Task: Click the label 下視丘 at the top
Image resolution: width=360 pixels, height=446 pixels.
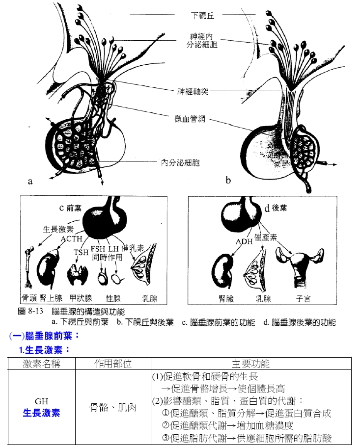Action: tap(202, 15)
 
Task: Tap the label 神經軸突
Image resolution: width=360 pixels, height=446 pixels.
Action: tap(193, 92)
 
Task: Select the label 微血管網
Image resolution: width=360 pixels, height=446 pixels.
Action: tap(190, 119)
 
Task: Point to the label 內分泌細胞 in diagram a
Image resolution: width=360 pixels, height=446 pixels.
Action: tap(180, 163)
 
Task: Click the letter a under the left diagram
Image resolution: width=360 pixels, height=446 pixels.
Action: tap(30, 181)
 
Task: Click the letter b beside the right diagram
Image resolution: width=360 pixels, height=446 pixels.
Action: tap(228, 180)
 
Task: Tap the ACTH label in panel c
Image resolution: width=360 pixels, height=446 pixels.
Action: tap(71, 238)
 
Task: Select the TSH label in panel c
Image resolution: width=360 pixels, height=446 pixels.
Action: tap(81, 252)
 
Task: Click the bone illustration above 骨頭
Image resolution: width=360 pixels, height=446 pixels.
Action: tap(29, 267)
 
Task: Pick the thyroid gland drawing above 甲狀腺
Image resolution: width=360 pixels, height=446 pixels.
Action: tap(77, 274)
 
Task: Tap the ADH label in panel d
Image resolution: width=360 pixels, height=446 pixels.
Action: tap(244, 242)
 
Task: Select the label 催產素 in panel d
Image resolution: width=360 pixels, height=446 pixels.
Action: tap(265, 237)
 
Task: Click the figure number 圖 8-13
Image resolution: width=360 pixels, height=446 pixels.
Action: tap(30, 311)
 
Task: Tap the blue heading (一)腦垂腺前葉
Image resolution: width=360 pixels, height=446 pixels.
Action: tap(44, 336)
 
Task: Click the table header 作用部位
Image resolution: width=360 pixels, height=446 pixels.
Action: tap(113, 364)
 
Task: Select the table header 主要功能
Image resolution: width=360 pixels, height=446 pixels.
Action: tap(251, 364)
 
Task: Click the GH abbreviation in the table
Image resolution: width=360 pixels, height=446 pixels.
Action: tap(42, 401)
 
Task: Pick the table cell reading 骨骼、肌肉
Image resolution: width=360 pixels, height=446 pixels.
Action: tap(113, 407)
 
